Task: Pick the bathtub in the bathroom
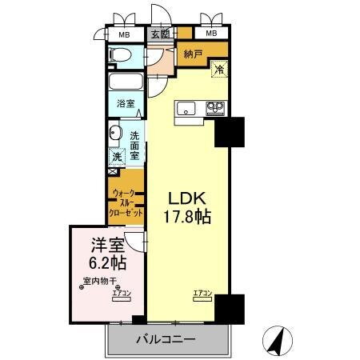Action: pos(124,84)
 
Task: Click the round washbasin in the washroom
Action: pos(114,134)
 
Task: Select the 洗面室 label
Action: pos(135,144)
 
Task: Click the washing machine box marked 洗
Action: pos(117,158)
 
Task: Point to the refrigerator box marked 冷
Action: pos(218,70)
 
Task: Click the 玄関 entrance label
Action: pos(159,34)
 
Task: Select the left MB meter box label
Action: pos(123,34)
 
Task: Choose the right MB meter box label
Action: pos(210,34)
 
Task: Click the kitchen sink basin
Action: pos(184,108)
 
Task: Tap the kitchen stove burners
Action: pos(214,108)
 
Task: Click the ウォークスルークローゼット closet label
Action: pos(128,203)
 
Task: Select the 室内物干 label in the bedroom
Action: pos(100,281)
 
